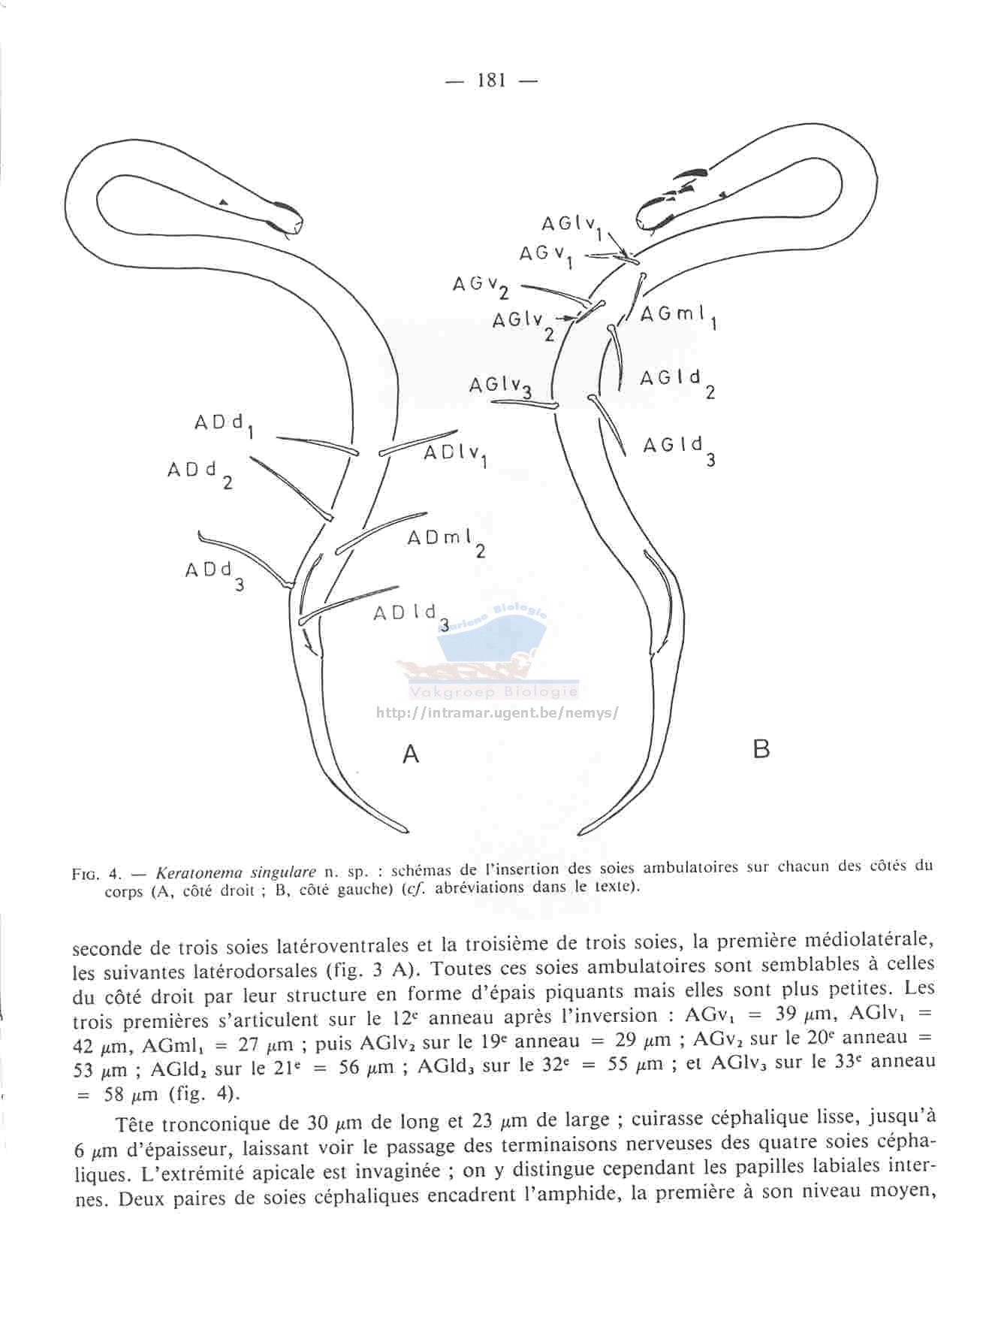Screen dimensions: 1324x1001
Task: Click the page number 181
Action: pyautogui.click(x=492, y=80)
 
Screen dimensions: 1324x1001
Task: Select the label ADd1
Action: pyautogui.click(x=224, y=425)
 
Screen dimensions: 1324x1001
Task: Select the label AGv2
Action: pyautogui.click(x=481, y=287)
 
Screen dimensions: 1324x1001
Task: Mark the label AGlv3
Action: pyautogui.click(x=501, y=386)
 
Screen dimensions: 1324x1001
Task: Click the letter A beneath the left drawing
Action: pyautogui.click(x=410, y=753)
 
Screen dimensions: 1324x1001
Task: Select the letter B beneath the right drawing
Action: pyautogui.click(x=761, y=749)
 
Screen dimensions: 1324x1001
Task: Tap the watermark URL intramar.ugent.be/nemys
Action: pyautogui.click(x=497, y=712)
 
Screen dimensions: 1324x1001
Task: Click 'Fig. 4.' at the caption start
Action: pyautogui.click(x=96, y=874)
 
